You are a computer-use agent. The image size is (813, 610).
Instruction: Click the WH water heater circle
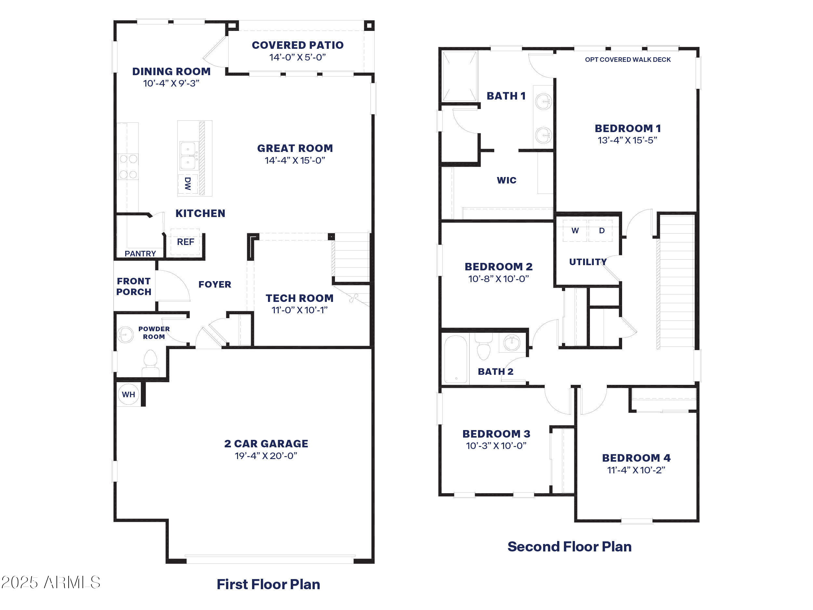pyautogui.click(x=128, y=395)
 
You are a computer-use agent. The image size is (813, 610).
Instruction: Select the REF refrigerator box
pyautogui.click(x=185, y=242)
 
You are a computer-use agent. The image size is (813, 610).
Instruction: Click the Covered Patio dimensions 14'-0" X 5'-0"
pyautogui.click(x=297, y=57)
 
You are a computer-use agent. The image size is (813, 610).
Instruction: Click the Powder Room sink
pyautogui.click(x=125, y=334)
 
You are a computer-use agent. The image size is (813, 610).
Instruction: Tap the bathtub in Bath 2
pyautogui.click(x=455, y=359)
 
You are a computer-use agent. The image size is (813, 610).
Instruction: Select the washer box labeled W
pyautogui.click(x=575, y=231)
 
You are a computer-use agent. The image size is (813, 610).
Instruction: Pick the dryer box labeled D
pyautogui.click(x=602, y=231)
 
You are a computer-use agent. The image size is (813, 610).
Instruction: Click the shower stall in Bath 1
pyautogui.click(x=459, y=76)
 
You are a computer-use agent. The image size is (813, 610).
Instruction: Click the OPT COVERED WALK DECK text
pyautogui.click(x=627, y=60)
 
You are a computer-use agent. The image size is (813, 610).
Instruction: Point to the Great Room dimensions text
pyautogui.click(x=295, y=160)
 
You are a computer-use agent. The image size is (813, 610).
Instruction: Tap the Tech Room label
pyautogui.click(x=300, y=298)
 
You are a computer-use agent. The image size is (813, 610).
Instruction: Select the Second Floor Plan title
pyautogui.click(x=569, y=547)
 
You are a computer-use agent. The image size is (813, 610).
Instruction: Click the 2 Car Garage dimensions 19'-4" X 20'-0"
pyautogui.click(x=266, y=456)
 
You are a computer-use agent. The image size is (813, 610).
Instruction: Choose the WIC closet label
pyautogui.click(x=506, y=180)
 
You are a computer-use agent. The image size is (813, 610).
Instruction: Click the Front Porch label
pyautogui.click(x=134, y=286)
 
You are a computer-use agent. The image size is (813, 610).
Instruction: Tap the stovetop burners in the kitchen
pyautogui.click(x=128, y=167)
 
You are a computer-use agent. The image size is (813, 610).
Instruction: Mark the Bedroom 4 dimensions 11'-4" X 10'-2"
pyautogui.click(x=636, y=470)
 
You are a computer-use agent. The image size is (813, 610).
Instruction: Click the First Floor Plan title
pyautogui.click(x=268, y=584)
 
